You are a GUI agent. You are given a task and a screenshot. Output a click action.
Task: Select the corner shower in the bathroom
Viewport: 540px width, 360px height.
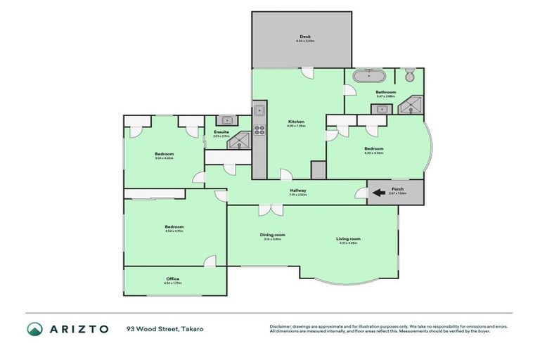pyautogui.click(x=407, y=107)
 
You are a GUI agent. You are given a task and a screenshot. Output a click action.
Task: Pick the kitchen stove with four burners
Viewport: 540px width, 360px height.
pyautogui.click(x=259, y=129)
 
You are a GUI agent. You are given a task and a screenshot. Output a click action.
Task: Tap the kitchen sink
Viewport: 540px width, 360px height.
pyautogui.click(x=259, y=110)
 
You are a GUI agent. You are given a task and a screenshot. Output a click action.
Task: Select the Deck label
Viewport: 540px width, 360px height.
pyautogui.click(x=304, y=37)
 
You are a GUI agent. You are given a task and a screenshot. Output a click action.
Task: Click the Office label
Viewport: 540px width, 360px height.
pyautogui.click(x=172, y=279)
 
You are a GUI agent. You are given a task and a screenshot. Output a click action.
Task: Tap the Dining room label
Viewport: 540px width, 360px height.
pyautogui.click(x=272, y=235)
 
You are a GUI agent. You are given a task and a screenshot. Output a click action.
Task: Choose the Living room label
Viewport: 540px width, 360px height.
pyautogui.click(x=348, y=239)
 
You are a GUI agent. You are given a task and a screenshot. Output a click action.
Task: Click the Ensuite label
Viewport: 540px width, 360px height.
pyautogui.click(x=221, y=131)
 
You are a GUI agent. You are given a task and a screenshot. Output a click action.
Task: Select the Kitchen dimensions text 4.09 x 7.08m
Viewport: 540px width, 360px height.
pyautogui.click(x=296, y=127)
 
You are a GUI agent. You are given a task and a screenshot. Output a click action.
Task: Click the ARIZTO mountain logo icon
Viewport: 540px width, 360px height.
pyautogui.click(x=35, y=329)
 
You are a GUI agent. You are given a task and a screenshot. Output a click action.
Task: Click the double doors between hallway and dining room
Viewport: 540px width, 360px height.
pyautogui.click(x=265, y=209)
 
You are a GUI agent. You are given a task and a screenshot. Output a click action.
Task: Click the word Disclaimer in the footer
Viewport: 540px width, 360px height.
pyautogui.click(x=281, y=326)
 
